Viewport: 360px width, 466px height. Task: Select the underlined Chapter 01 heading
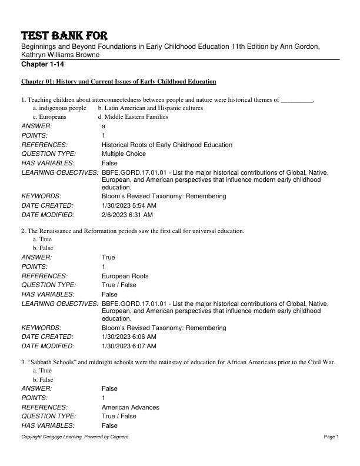click(118, 81)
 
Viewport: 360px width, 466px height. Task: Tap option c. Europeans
click(49, 117)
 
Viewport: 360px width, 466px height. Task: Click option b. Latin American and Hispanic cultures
click(150, 108)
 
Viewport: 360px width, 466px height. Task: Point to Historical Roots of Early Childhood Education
click(166, 145)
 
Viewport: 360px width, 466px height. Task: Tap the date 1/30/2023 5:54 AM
click(129, 206)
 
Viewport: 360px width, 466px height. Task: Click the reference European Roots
click(125, 276)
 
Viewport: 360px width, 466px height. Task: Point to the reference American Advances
click(130, 407)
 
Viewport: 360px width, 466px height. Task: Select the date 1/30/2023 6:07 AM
click(129, 347)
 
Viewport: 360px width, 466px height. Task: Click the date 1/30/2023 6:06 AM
click(129, 337)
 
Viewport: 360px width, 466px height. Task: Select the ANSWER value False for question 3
click(109, 389)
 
